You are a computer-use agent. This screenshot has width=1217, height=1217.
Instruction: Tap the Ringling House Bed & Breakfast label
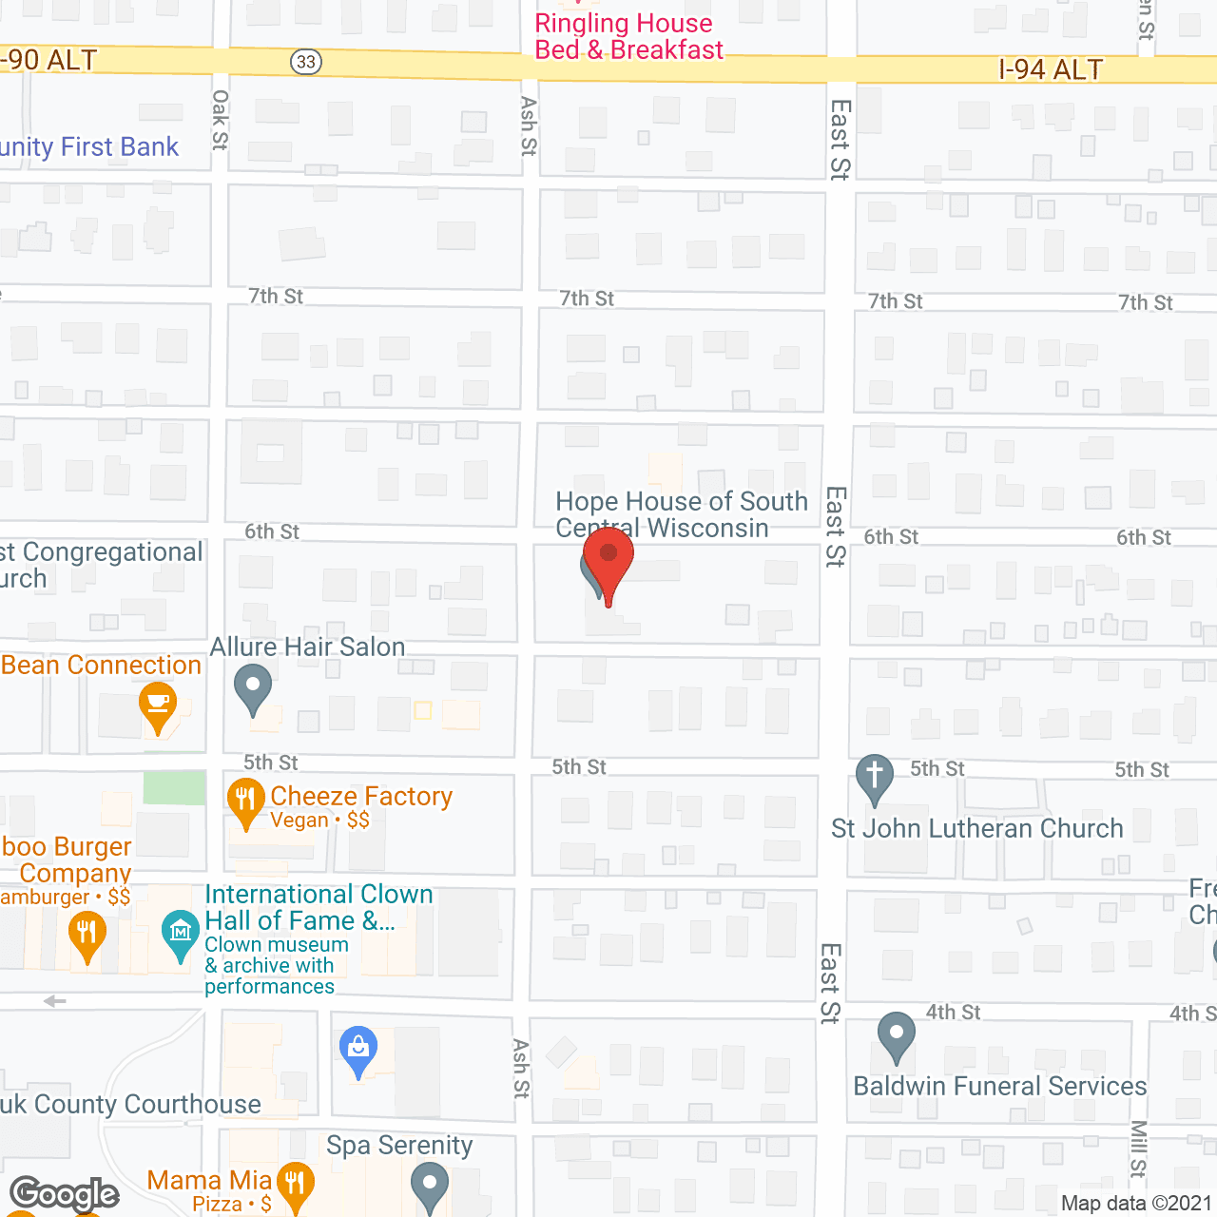click(x=628, y=37)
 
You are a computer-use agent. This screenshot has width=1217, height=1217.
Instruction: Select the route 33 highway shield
click(x=305, y=63)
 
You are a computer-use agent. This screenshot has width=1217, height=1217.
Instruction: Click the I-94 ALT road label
click(x=1051, y=69)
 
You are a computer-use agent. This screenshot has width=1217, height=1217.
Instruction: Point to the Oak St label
click(x=221, y=120)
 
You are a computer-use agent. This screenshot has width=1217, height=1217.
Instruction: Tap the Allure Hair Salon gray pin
click(x=253, y=687)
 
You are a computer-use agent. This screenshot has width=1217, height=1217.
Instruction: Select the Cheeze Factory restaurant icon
click(x=245, y=802)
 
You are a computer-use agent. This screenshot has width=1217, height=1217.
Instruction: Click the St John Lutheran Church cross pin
click(x=875, y=777)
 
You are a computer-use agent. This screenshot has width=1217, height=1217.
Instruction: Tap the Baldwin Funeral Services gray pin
click(x=896, y=1035)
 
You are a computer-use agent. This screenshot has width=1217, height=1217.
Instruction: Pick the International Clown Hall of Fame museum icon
click(x=180, y=934)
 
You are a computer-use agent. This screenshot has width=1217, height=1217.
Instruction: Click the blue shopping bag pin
click(x=358, y=1050)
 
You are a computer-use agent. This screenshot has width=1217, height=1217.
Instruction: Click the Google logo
click(x=65, y=1194)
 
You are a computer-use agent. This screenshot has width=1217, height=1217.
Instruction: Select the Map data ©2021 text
click(x=1136, y=1204)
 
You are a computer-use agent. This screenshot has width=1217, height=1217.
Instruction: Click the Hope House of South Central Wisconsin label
click(x=681, y=514)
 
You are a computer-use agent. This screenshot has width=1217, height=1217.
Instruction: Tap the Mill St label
click(x=1139, y=1149)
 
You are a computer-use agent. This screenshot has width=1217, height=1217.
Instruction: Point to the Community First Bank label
click(x=89, y=147)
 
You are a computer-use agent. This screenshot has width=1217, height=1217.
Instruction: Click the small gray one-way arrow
click(x=55, y=1001)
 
